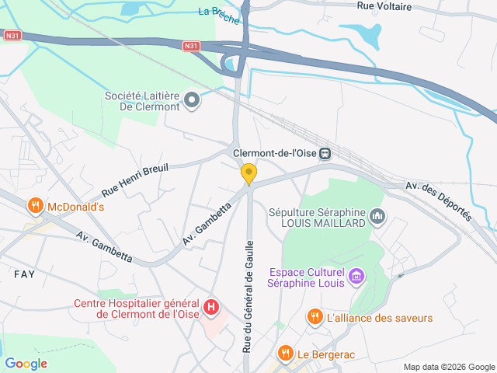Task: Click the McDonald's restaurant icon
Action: coord(34,207)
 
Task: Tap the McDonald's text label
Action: coord(75,207)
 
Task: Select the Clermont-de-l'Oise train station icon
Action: coord(325,153)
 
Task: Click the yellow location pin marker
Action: coord(248,174)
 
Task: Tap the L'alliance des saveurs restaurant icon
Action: coord(315,317)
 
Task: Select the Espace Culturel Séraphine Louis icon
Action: coord(356,275)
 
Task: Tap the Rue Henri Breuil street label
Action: coord(135,181)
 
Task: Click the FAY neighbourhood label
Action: coord(25,274)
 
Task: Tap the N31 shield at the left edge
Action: coord(11,35)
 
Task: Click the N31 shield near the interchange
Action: coord(192,46)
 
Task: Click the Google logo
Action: coord(26,363)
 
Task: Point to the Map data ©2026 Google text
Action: coord(449,367)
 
